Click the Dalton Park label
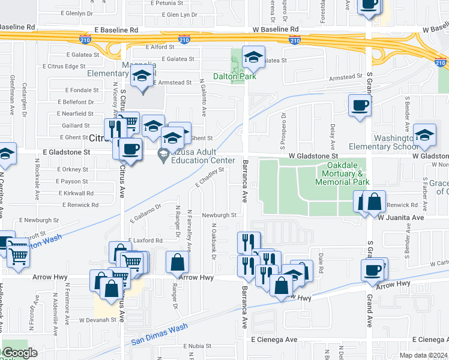click(236, 76)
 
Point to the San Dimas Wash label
click(159, 335)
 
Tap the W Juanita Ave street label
click(401, 218)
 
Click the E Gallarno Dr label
click(145, 215)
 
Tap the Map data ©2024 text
click(423, 355)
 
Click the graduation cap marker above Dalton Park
click(253, 57)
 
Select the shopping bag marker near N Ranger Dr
click(177, 262)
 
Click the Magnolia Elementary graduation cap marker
click(142, 76)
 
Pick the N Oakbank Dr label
click(213, 238)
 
